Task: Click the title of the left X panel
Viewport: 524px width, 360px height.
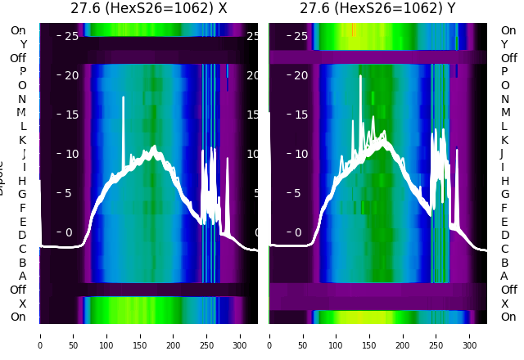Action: tap(148, 8)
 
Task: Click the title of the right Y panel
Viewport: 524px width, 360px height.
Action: tap(377, 8)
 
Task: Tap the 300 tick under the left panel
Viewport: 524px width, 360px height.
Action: tap(241, 335)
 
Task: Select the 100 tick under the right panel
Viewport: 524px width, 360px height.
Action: tap(337, 335)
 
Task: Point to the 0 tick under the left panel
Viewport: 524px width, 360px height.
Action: tap(39, 335)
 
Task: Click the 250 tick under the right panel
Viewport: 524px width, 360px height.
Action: tap(437, 335)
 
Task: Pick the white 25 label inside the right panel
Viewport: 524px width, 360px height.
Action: tap(300, 36)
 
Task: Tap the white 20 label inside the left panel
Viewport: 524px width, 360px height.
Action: tap(70, 75)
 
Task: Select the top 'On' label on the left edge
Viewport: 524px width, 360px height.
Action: tap(17, 30)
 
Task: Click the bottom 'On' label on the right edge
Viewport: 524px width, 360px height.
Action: tap(508, 317)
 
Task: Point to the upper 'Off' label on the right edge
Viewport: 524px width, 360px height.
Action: tap(508, 58)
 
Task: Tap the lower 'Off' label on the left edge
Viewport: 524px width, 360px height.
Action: tap(18, 290)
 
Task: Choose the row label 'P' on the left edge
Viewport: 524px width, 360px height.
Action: tap(22, 71)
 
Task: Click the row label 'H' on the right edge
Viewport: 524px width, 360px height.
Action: tap(504, 181)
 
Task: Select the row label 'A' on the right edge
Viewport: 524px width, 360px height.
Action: tap(504, 276)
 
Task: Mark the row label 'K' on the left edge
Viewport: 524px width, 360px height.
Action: tap(22, 140)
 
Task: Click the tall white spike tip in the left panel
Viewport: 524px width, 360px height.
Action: tap(123, 97)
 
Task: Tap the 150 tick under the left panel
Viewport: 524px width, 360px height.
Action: tap(140, 335)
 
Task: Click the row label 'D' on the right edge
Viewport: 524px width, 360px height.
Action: tap(504, 235)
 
